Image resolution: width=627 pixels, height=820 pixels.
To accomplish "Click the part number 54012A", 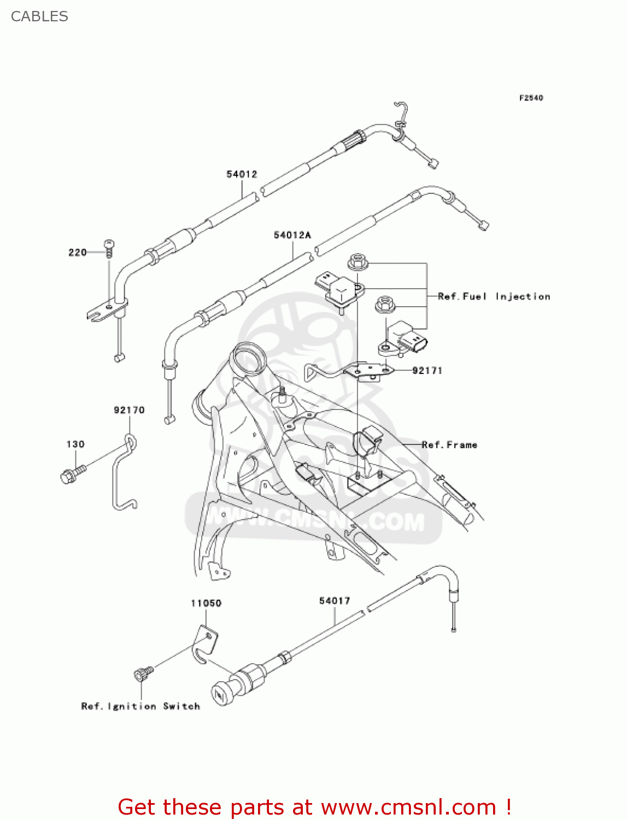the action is pyautogui.click(x=292, y=235).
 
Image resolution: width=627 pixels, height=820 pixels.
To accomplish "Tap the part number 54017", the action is pyautogui.click(x=334, y=601).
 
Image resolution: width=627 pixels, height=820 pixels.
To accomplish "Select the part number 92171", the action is pyautogui.click(x=427, y=371).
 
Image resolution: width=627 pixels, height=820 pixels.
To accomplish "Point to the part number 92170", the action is pyautogui.click(x=129, y=410).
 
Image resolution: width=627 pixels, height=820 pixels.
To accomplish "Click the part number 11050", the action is pyautogui.click(x=206, y=604).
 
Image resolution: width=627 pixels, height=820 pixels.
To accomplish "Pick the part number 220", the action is pyautogui.click(x=77, y=253).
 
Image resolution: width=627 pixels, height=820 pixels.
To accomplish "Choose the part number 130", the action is pyautogui.click(x=75, y=444).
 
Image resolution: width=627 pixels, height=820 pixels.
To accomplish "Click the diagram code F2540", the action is pyautogui.click(x=531, y=98).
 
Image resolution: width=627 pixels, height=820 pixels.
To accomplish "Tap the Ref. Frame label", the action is pyautogui.click(x=449, y=445).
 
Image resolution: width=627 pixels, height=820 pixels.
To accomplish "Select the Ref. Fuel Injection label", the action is pyautogui.click(x=494, y=296).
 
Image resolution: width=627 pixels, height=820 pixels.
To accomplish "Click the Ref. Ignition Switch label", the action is pyautogui.click(x=140, y=706).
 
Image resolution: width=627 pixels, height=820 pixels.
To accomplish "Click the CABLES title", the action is pyautogui.click(x=39, y=16).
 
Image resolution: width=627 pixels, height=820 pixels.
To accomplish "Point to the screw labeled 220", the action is pyautogui.click(x=109, y=248).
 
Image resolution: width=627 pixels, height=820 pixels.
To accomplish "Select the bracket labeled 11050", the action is pyautogui.click(x=206, y=645).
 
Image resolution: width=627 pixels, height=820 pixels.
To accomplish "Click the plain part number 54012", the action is pyautogui.click(x=242, y=174).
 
